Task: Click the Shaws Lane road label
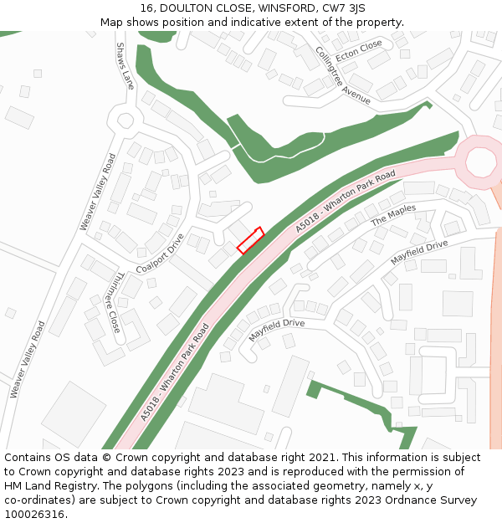click(125, 66)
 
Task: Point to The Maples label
click(393, 215)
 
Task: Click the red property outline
click(250, 240)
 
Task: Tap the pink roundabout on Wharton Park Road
click(480, 162)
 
